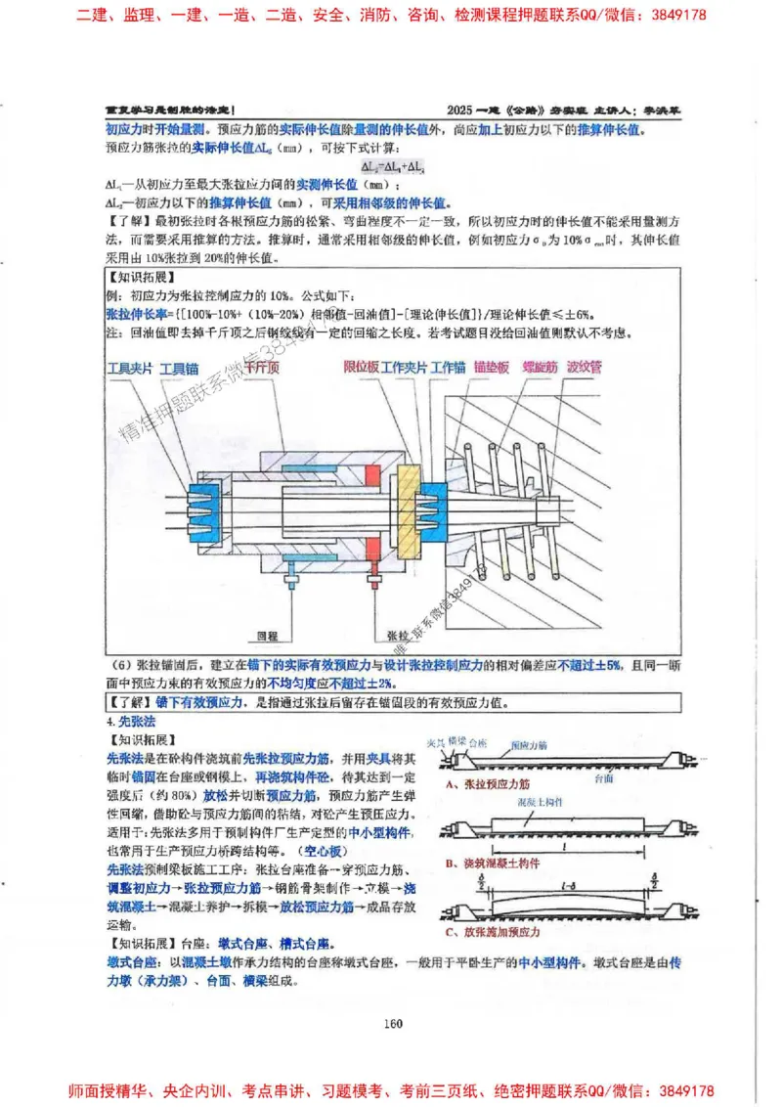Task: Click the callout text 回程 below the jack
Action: (x=255, y=634)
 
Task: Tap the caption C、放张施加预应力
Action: (x=494, y=932)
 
